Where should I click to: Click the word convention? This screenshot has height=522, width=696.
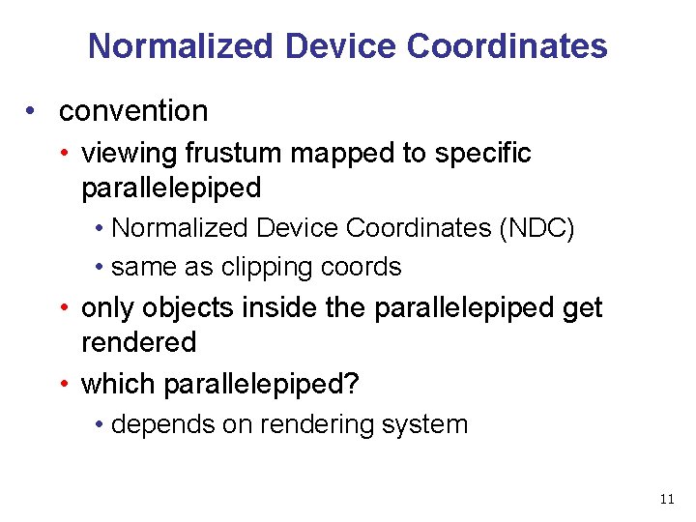pyautogui.click(x=133, y=111)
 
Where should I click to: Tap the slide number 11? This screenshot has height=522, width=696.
pyautogui.click(x=666, y=499)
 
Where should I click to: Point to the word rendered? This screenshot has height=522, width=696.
pyautogui.click(x=138, y=342)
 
